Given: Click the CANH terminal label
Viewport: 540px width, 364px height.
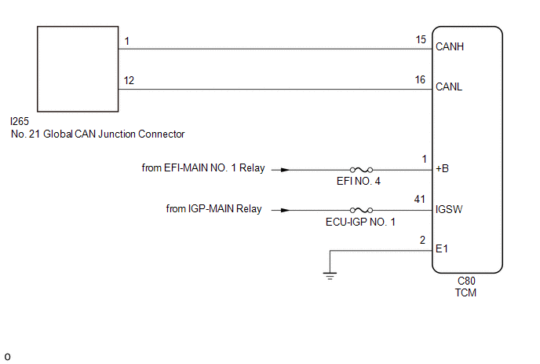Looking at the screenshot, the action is pyautogui.click(x=450, y=46).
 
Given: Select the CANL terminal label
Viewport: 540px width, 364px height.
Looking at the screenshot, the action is pyautogui.click(x=449, y=86).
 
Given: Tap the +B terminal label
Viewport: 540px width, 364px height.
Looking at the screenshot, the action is pyautogui.click(x=442, y=168).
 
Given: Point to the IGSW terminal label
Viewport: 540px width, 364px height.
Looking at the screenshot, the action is pyautogui.click(x=449, y=209).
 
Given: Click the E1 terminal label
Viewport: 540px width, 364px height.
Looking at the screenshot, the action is pyautogui.click(x=442, y=248).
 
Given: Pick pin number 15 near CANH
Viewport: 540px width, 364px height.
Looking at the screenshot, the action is pyautogui.click(x=421, y=39).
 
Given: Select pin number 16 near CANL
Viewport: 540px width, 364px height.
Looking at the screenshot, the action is pyautogui.click(x=420, y=79).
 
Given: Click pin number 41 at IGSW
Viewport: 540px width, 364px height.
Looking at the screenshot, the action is pyautogui.click(x=419, y=199).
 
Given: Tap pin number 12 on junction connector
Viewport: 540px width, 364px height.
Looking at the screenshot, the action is pyautogui.click(x=129, y=80).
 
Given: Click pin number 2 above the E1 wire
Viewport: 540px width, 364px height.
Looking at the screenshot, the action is pyautogui.click(x=422, y=240).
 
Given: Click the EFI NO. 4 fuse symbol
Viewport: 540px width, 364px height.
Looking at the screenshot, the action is pyautogui.click(x=361, y=170).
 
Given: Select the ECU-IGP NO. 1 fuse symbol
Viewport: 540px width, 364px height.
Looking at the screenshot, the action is pyautogui.click(x=361, y=210).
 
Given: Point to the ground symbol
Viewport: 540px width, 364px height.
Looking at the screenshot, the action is pyautogui.click(x=330, y=276).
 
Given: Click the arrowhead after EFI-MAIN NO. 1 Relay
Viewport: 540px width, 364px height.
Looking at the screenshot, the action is pyautogui.click(x=285, y=170).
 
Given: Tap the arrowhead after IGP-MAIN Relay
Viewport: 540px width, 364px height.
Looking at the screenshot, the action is pyautogui.click(x=285, y=210).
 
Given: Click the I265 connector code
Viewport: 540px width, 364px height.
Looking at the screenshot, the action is pyautogui.click(x=20, y=121).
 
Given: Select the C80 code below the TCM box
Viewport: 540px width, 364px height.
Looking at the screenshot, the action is pyautogui.click(x=466, y=281).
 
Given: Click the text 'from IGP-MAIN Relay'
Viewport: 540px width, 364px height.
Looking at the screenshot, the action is pyautogui.click(x=213, y=209).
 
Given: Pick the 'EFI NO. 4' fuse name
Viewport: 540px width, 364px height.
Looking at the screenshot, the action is pyautogui.click(x=359, y=181).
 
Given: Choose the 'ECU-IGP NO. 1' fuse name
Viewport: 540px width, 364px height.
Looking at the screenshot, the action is pyautogui.click(x=360, y=222).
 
